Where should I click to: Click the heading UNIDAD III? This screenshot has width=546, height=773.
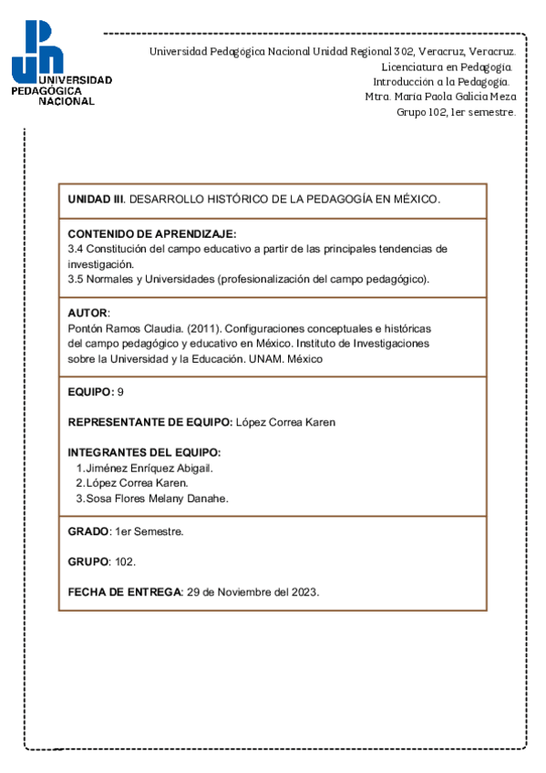pyautogui.click(x=95, y=200)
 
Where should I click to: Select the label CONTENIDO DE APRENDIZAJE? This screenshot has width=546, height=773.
pyautogui.click(x=151, y=234)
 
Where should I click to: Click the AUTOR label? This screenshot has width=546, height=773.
pyautogui.click(x=88, y=313)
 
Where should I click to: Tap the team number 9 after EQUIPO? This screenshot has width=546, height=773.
pyautogui.click(x=120, y=392)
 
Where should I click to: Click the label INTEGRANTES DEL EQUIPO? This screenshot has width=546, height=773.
pyautogui.click(x=144, y=453)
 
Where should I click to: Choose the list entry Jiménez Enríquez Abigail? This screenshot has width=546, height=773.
pyautogui.click(x=149, y=469)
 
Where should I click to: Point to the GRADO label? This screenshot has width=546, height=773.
pyautogui.click(x=88, y=531)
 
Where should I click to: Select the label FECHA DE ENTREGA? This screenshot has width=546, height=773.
pyautogui.click(x=126, y=593)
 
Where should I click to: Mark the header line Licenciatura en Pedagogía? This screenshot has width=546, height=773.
pyautogui.click(x=447, y=67)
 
